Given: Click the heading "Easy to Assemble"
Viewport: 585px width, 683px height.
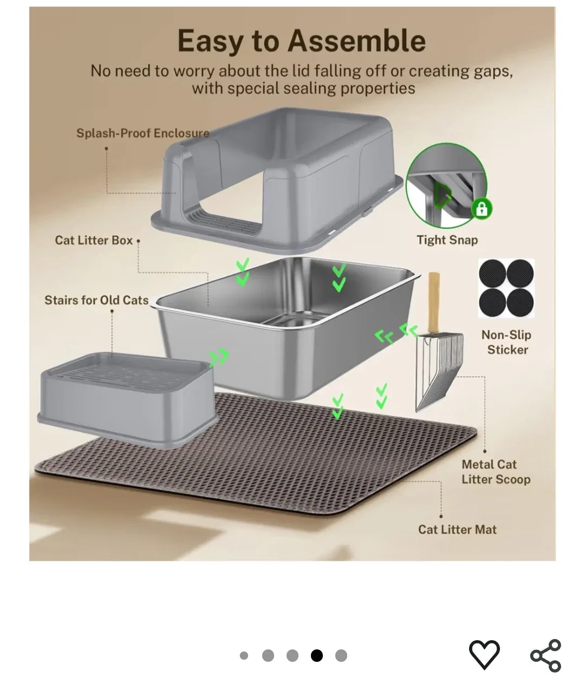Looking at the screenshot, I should point(301,41).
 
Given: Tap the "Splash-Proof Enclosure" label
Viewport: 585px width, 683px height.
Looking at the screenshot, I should point(142,133).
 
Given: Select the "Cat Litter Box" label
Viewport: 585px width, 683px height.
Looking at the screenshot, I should point(94,240).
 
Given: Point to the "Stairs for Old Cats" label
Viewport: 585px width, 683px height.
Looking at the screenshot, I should point(96,300).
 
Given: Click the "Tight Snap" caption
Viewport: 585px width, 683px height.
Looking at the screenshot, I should point(447,240).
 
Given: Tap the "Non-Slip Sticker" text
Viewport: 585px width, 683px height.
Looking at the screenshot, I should point(507,342).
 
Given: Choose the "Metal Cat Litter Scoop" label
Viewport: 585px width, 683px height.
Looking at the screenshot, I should point(495,472).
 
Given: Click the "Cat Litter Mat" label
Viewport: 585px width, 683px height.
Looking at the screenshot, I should point(457,530).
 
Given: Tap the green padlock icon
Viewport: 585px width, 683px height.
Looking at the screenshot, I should point(481,209).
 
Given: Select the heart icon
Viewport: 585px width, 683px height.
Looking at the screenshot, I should point(484,654).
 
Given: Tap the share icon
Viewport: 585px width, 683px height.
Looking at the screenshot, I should point(545,655).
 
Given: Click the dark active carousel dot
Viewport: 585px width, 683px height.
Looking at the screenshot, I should point(317,656).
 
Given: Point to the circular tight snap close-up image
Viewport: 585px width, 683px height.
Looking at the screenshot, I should point(445,189).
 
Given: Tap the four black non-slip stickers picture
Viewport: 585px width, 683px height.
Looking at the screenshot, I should point(506,288).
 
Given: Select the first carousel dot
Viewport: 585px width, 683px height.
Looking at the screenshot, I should point(244,656).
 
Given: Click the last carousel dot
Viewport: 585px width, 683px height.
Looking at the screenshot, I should point(341,656).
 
